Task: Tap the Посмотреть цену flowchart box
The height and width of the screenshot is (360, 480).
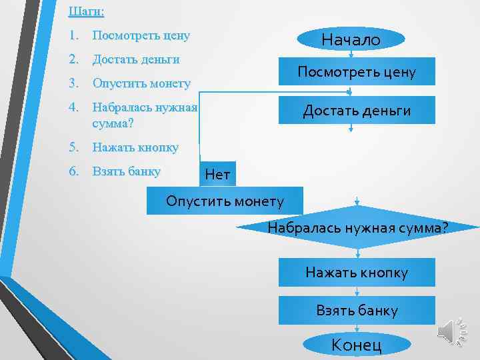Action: (x=356, y=72)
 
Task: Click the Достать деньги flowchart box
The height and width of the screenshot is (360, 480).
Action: (x=356, y=110)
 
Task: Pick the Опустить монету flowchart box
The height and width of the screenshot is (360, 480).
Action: (x=225, y=200)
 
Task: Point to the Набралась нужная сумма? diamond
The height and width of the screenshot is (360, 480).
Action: (x=358, y=228)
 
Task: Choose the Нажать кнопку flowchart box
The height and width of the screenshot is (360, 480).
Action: (x=357, y=272)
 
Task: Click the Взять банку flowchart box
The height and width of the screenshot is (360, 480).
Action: (x=357, y=310)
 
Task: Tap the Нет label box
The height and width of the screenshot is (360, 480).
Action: (x=217, y=175)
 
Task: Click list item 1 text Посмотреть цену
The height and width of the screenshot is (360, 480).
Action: (x=141, y=35)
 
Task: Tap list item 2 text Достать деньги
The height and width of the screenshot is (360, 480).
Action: (x=136, y=59)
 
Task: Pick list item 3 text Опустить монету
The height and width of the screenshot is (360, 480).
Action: (x=141, y=83)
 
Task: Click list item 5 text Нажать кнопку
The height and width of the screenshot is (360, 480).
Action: (x=135, y=147)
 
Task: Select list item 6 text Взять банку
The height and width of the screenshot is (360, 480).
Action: (x=127, y=171)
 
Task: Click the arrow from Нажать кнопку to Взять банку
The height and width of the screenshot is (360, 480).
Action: (x=358, y=291)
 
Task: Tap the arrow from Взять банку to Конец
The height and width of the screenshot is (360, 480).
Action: (x=358, y=329)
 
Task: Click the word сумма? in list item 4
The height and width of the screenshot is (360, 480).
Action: (x=113, y=123)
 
